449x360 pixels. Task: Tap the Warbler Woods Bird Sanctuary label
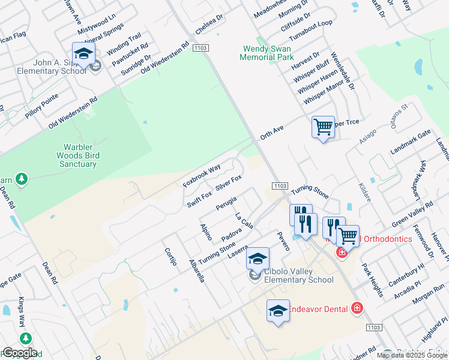point(80,155)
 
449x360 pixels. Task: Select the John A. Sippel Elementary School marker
point(83,54)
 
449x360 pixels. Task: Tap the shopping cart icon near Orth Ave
point(323,127)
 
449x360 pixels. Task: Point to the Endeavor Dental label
point(318,309)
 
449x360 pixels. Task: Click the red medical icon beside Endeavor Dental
point(357,308)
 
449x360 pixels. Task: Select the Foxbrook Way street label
point(202,175)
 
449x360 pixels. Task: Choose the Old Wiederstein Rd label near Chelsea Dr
point(165,59)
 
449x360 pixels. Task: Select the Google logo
point(19,353)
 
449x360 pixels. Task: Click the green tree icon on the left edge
point(22,179)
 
